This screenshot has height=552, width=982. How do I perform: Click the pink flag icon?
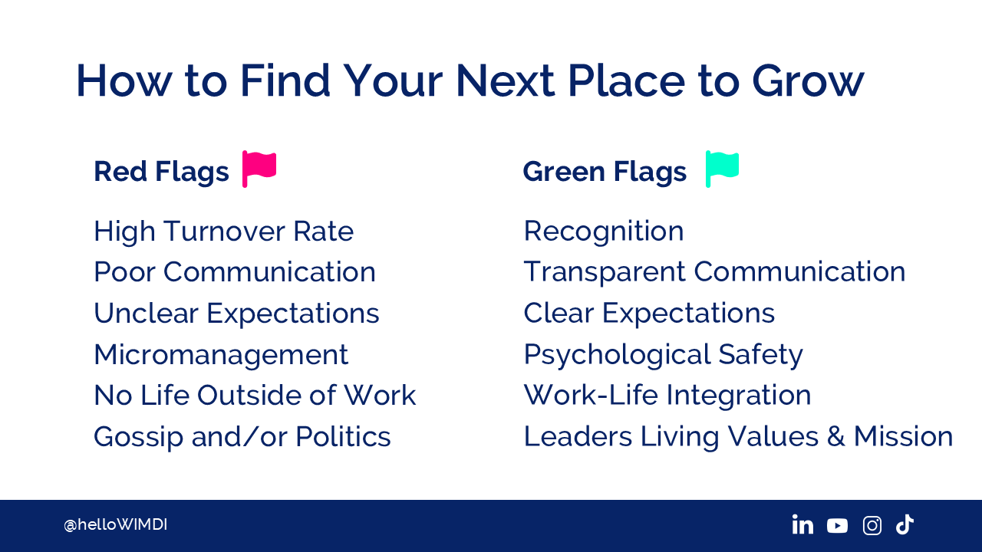pos(259,169)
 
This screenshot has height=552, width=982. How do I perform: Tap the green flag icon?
pos(722,169)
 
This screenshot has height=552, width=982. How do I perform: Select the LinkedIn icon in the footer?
pos(802,524)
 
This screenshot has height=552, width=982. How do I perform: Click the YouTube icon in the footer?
pos(837,526)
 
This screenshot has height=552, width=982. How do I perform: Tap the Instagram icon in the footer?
pos(872,525)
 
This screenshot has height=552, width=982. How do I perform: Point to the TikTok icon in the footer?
pos(905,524)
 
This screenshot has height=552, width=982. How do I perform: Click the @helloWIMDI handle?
pos(115,524)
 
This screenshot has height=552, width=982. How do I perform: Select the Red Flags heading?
pos(161,171)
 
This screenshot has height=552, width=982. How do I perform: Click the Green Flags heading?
pos(605,171)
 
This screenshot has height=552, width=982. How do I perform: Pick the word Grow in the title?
pos(808,80)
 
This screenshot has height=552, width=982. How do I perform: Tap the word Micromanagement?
pos(221,354)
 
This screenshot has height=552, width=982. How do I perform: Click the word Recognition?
pos(604,232)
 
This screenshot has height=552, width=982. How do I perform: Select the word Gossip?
pos(138,437)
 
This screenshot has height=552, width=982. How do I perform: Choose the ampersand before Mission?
pos(836,436)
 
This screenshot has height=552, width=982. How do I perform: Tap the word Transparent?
pos(605,272)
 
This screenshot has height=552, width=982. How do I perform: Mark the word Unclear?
pos(147,314)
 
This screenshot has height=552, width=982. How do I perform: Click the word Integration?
pos(739,396)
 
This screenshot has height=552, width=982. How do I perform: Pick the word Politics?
pos(343,436)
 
